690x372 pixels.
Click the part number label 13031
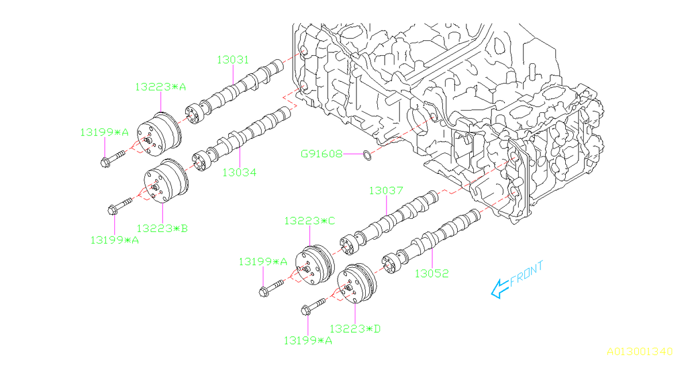pos(233,59)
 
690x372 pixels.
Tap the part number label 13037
pos(386,191)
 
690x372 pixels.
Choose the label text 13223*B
pos(162,228)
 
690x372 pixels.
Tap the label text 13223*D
pos(355,328)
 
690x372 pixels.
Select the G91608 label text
pos(321,154)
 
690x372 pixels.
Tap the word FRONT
pos(526,273)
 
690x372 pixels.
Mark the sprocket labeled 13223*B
pos(165,183)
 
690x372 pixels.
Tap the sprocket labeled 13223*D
pos(358,286)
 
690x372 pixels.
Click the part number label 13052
pos(432,274)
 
